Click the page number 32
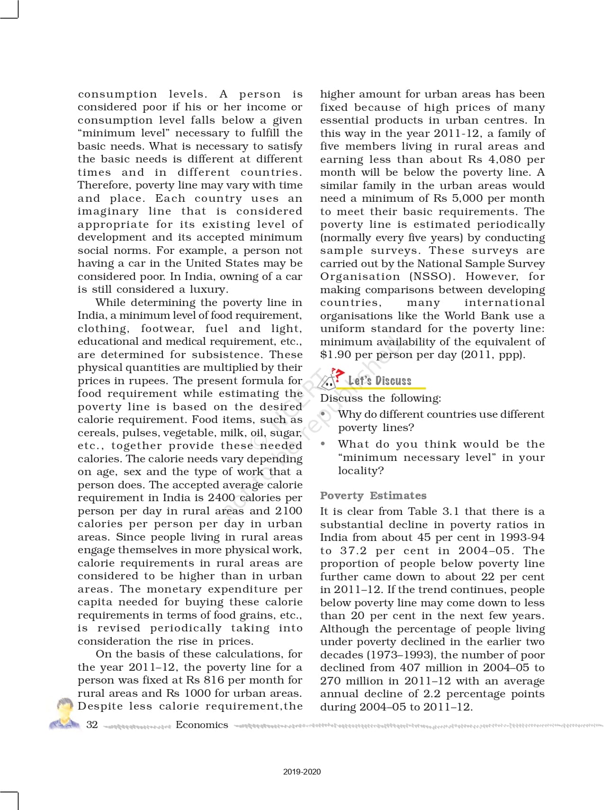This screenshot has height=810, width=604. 92,724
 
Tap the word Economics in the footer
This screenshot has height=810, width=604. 202,725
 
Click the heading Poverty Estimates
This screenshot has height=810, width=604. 373,495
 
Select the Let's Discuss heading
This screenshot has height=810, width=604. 379,380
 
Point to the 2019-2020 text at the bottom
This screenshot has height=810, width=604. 302,772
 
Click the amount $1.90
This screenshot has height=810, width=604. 335,355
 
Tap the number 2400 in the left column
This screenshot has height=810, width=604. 221,498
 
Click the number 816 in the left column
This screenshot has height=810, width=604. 214,680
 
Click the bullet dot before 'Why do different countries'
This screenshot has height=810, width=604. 324,414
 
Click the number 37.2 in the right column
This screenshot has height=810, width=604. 353,551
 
